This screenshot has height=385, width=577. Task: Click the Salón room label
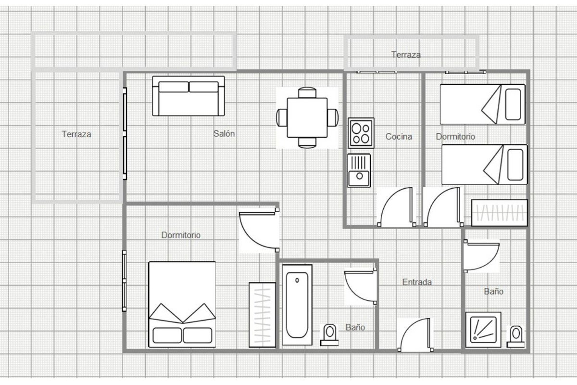(224, 134)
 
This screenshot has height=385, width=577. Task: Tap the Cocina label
(399, 136)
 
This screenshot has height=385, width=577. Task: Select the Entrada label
(417, 282)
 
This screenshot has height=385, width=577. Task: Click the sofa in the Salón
(188, 96)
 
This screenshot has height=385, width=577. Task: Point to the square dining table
(307, 117)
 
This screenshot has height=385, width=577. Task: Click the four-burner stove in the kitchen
(361, 133)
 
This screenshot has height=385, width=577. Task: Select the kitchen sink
(359, 170)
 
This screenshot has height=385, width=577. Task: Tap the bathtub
(297, 305)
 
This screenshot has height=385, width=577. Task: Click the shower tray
(483, 330)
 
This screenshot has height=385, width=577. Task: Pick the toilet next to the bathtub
(329, 335)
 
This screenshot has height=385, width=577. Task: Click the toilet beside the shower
(515, 336)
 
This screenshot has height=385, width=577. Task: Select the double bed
(182, 305)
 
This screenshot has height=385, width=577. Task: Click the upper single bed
(482, 104)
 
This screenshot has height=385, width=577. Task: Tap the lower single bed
(485, 165)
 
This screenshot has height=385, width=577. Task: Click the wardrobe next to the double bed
(262, 315)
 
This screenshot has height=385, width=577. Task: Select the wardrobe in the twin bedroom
(500, 213)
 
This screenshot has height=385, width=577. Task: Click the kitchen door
(397, 207)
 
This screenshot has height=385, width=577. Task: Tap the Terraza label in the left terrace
(76, 134)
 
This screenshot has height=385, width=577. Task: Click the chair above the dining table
(307, 92)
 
